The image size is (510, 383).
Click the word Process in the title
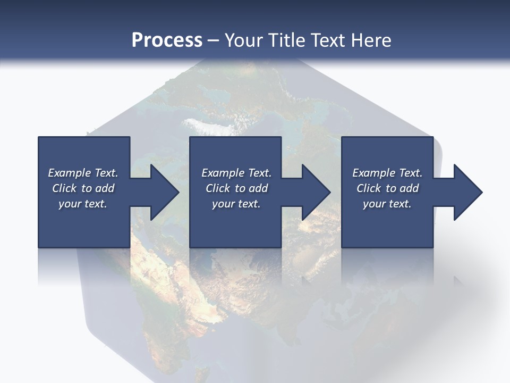point(167,40)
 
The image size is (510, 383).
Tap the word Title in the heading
point(285,40)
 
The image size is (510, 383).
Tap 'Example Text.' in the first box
point(83,173)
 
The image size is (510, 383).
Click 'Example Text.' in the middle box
point(236,173)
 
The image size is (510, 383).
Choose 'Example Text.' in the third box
point(387,173)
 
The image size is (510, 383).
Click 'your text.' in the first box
point(83,204)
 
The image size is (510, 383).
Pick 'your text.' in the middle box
point(236,204)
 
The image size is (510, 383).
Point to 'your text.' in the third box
point(387,204)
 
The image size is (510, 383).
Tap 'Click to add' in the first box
point(83,188)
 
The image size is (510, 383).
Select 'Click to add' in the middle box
point(236,188)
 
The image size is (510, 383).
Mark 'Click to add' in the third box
point(387,188)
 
